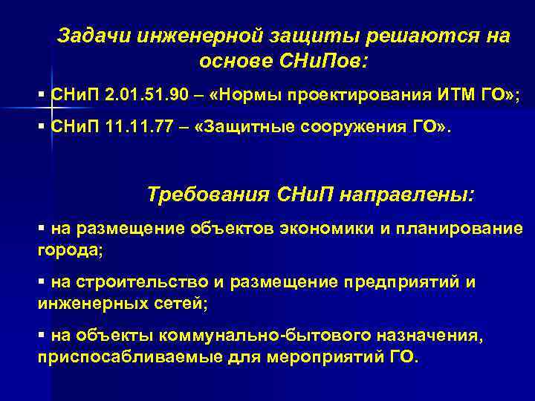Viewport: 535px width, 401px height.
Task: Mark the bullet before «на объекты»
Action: pyautogui.click(x=42, y=336)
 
